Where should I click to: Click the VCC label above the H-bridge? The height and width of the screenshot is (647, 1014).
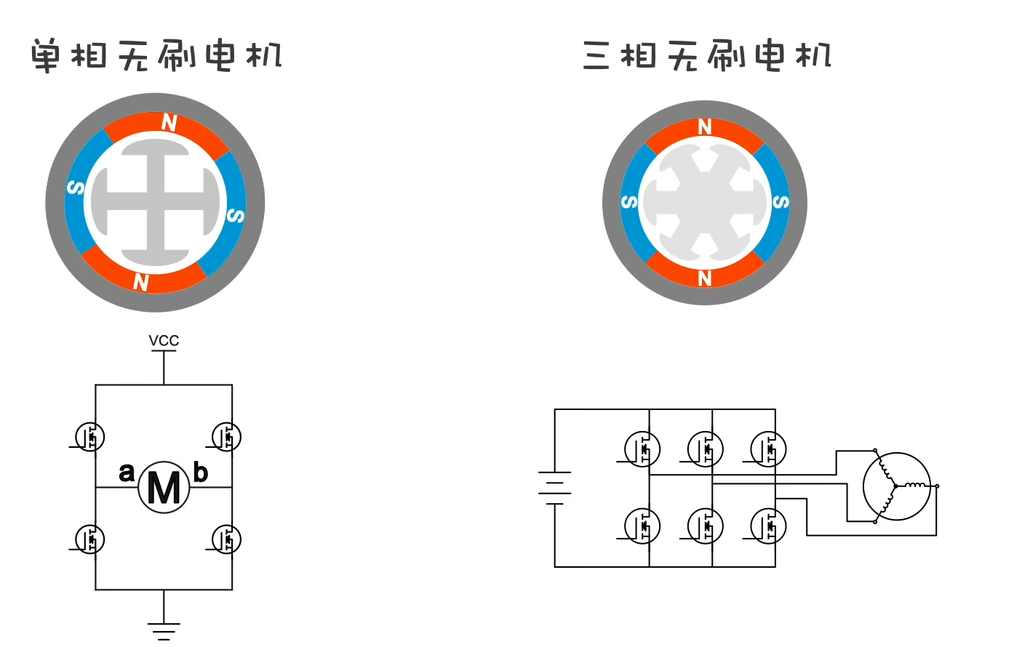[164, 340]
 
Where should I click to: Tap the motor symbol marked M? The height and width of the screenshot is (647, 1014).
[164, 487]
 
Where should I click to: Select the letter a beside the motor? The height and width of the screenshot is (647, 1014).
[127, 472]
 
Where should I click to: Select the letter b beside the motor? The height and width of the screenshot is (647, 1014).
[200, 473]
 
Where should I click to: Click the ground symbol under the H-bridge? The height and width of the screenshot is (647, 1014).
[164, 630]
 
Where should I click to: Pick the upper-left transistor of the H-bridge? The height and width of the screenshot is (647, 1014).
[90, 437]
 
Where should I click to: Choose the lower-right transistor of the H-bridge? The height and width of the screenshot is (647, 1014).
[226, 539]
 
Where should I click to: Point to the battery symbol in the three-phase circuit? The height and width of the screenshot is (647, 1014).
[554, 487]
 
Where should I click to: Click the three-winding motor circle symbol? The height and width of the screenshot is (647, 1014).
[896, 486]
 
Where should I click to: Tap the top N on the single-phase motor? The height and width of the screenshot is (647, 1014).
[169, 123]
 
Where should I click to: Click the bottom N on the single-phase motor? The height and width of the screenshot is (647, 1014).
[141, 281]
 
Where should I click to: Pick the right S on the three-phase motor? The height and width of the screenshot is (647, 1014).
[780, 201]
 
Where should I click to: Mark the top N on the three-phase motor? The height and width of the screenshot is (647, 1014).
[704, 127]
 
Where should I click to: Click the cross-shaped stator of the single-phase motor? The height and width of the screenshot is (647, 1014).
[155, 203]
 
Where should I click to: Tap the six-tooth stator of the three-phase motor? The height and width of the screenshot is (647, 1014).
[704, 202]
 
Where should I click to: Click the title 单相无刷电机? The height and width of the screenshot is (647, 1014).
[156, 55]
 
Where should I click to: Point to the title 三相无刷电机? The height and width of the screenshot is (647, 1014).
[706, 55]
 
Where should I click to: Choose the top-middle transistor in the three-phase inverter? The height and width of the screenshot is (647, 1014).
[705, 449]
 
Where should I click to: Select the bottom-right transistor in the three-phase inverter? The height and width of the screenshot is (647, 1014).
[768, 526]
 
